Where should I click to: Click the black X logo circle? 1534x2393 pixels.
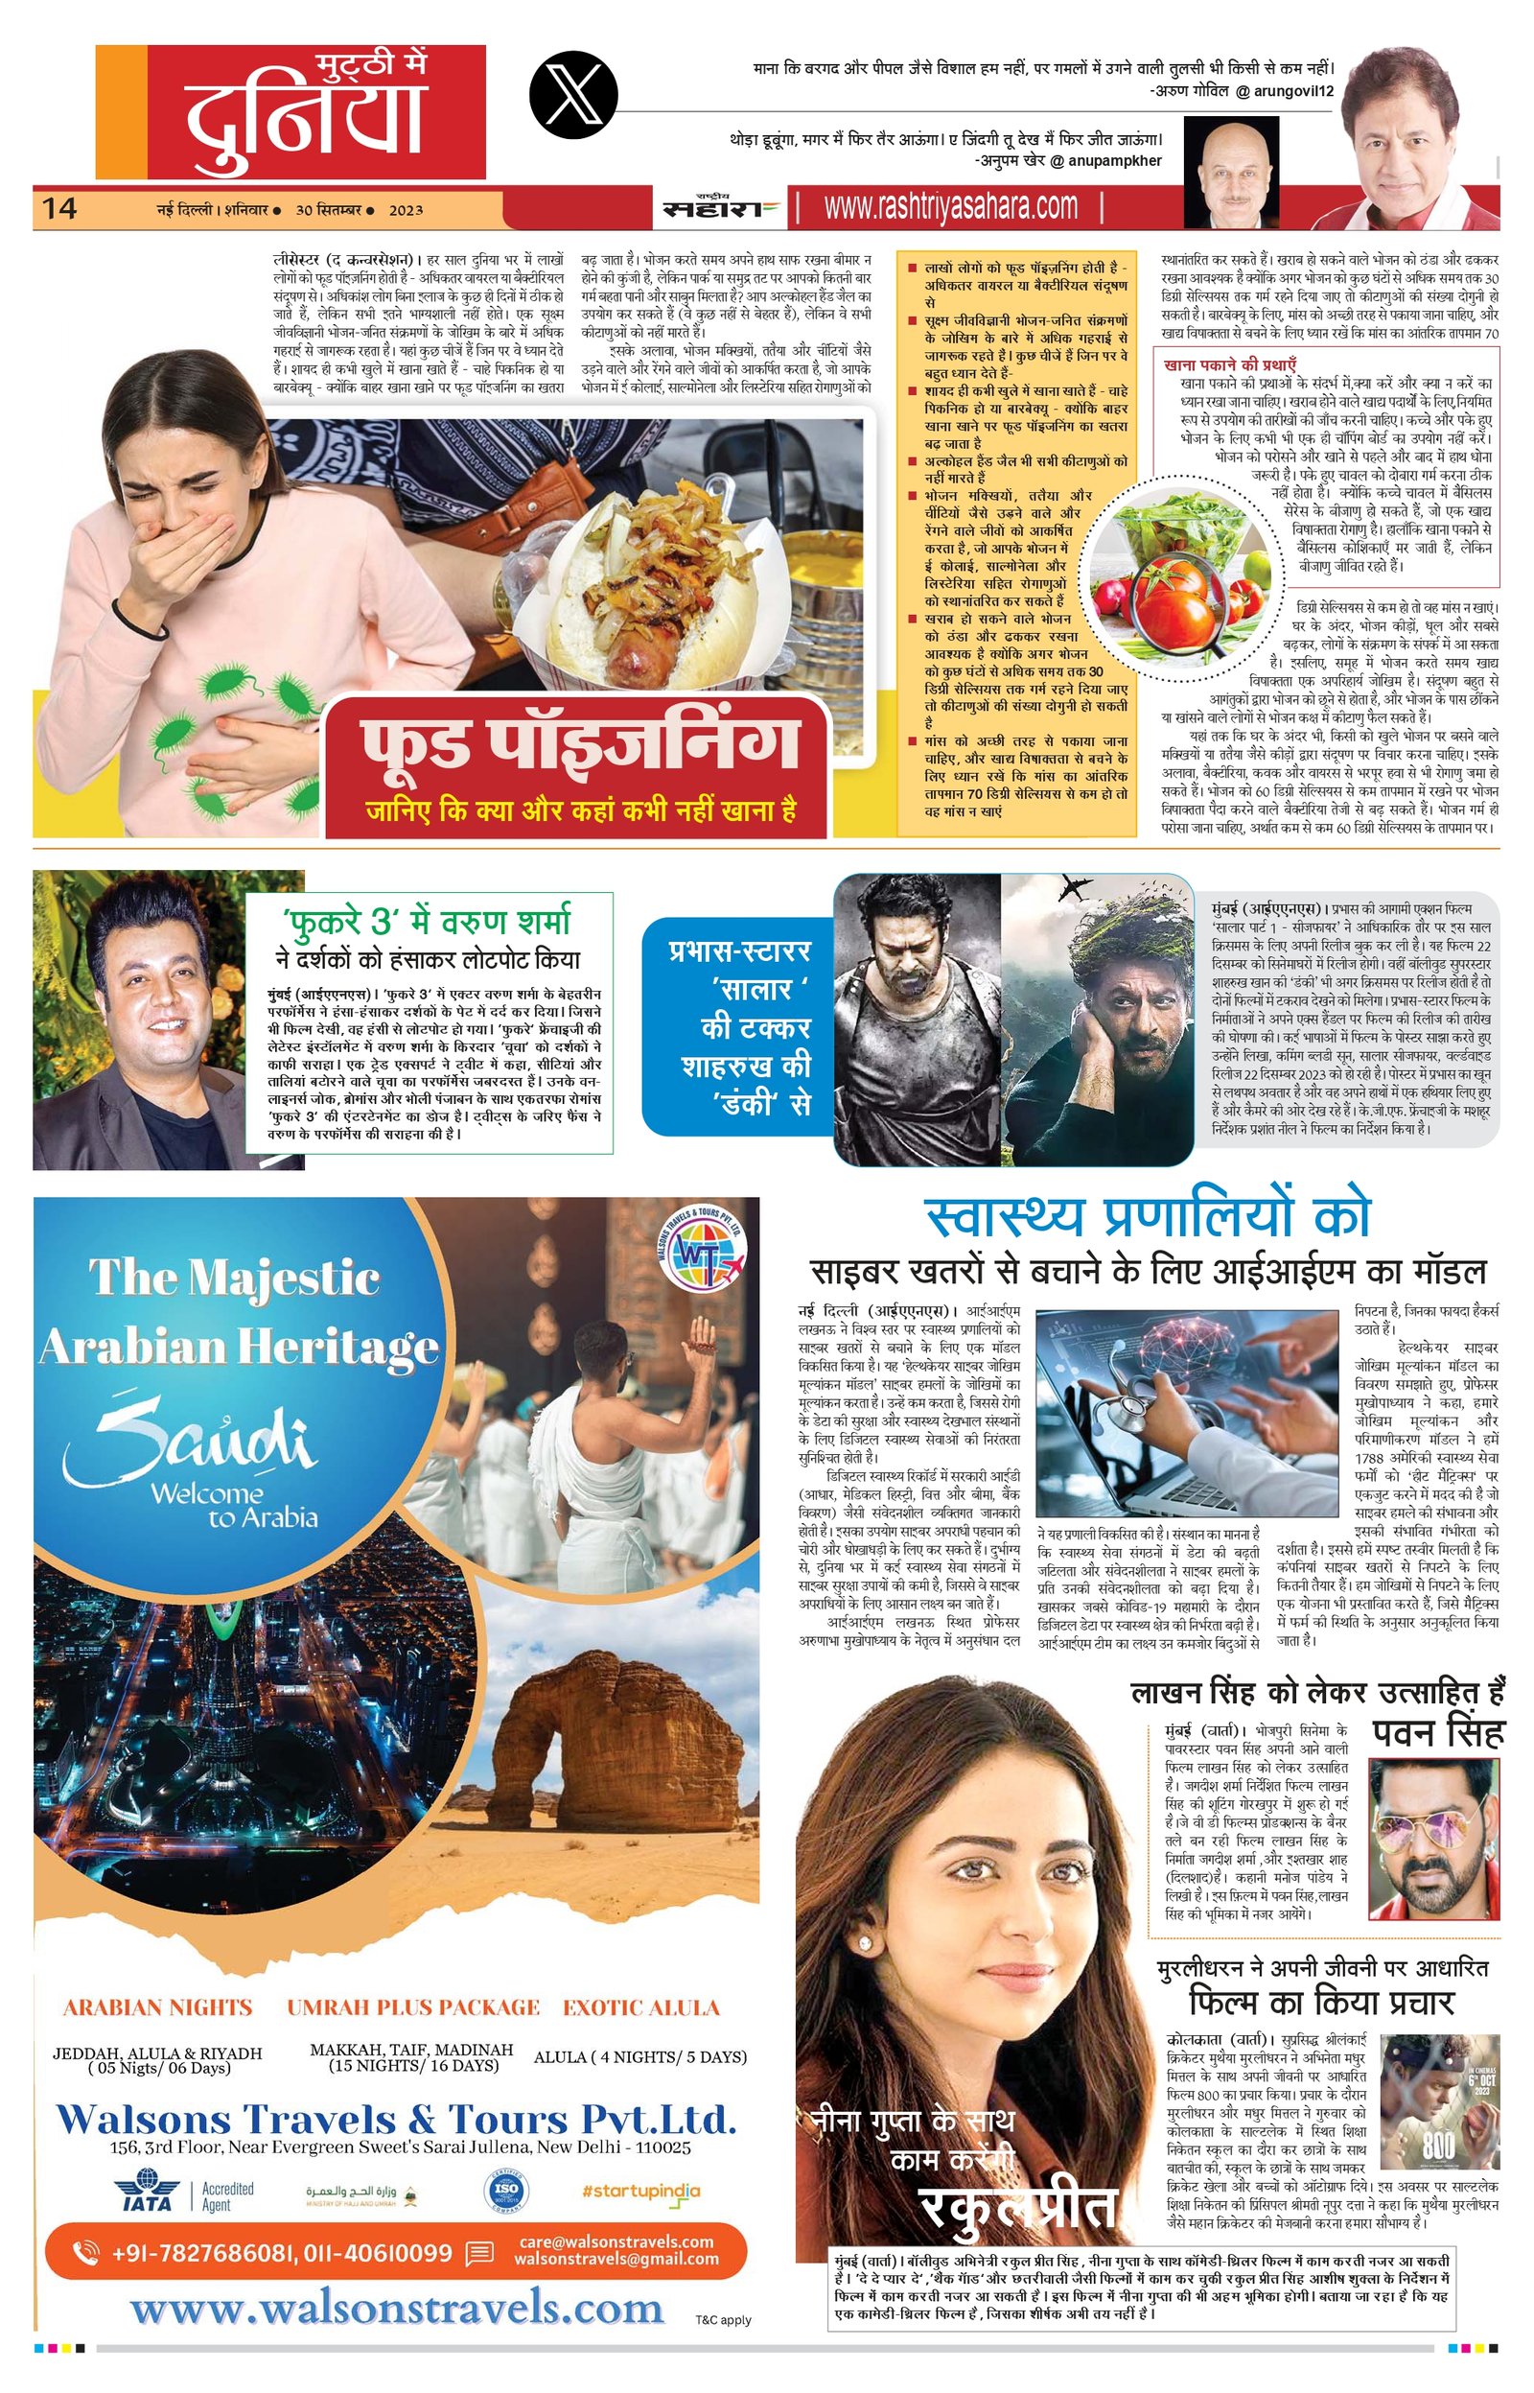(x=573, y=95)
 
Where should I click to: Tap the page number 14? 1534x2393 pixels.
(x=58, y=208)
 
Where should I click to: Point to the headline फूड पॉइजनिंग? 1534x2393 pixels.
(x=579, y=740)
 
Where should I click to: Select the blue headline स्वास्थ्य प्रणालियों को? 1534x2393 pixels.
(x=1148, y=1214)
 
